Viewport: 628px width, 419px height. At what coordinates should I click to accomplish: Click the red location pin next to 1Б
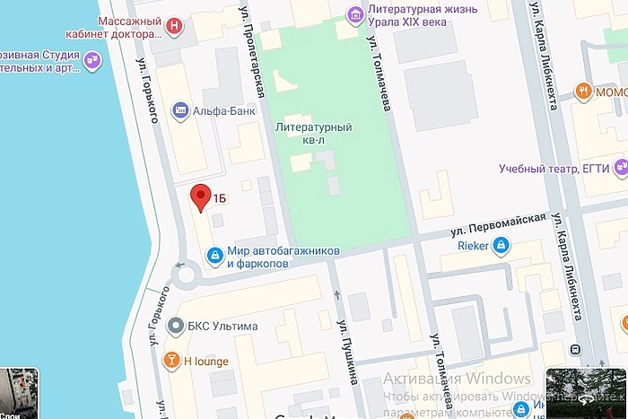point(201,196)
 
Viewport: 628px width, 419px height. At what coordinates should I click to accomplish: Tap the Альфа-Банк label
point(224,111)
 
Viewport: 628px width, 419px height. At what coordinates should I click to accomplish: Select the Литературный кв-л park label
point(313,132)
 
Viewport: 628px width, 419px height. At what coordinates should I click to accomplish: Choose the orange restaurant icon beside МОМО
point(584,90)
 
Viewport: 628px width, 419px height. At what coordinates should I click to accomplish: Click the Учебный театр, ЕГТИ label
point(555,168)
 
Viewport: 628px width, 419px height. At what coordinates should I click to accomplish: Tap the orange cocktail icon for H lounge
point(170,361)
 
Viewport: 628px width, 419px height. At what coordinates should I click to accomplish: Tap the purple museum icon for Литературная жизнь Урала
point(356,13)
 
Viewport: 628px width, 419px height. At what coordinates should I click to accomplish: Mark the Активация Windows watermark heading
point(458,379)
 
